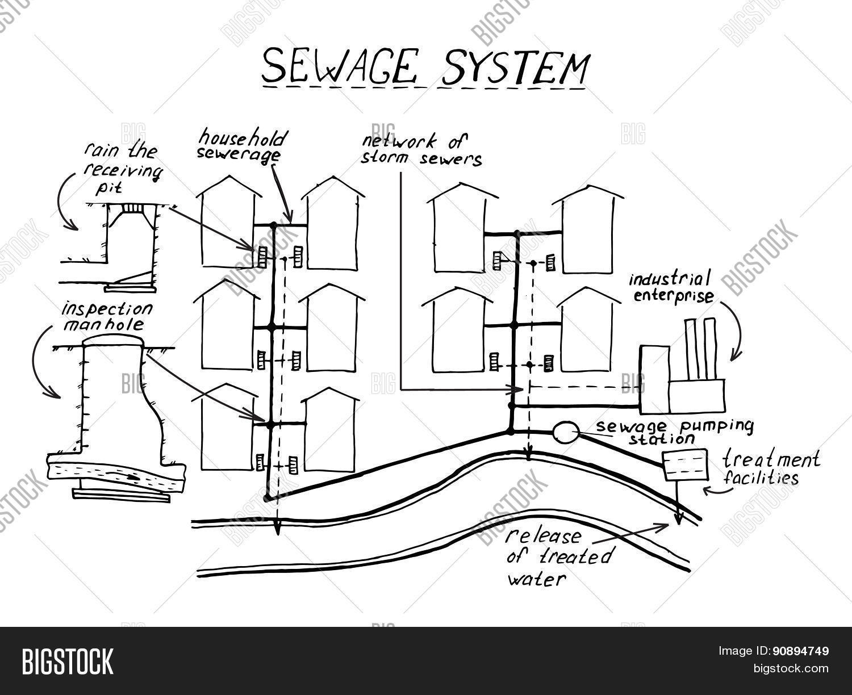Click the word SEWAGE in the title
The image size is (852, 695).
[x=339, y=66]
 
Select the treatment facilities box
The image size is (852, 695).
[x=685, y=465]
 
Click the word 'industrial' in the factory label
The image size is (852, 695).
[x=670, y=279]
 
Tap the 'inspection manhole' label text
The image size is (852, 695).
[x=106, y=317]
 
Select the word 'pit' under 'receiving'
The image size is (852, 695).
[x=108, y=189]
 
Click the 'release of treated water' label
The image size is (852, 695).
[x=559, y=558]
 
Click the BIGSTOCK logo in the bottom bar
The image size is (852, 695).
[x=68, y=661]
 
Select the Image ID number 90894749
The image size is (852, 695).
[x=801, y=651]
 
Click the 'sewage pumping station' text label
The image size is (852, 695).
[x=674, y=432]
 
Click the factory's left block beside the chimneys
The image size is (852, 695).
[x=654, y=380]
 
